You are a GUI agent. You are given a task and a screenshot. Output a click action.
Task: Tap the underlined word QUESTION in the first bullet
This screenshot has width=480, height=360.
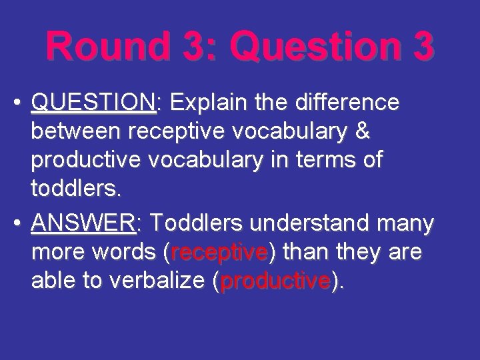click(x=93, y=103)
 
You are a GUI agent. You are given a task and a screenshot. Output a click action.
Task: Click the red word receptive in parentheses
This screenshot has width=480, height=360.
click(x=219, y=254)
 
